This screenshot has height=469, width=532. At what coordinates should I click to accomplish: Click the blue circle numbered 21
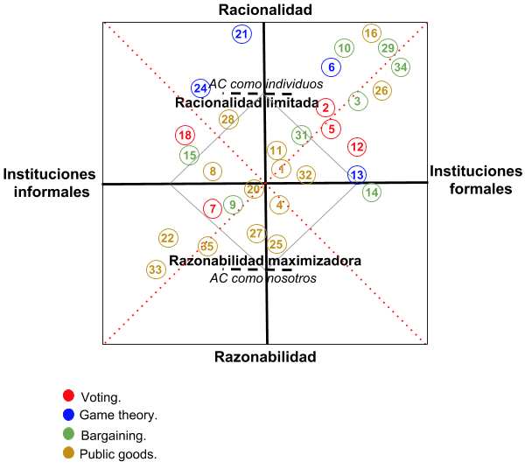pos(241,34)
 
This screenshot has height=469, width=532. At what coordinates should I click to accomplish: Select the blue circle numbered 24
pos(201,88)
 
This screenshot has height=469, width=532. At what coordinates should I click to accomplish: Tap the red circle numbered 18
pos(185,136)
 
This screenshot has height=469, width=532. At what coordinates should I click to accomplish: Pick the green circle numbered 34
pos(401,66)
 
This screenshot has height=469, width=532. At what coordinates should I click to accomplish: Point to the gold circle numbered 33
pos(156,269)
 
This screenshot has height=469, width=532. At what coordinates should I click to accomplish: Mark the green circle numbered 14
pos(372,192)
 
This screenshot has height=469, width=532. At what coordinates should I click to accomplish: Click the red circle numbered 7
pos(213,208)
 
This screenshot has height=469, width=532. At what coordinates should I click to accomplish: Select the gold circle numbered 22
pos(168,238)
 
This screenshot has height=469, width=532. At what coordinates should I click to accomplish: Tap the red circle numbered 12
pos(357,147)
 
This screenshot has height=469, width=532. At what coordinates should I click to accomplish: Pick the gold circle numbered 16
pos(371,33)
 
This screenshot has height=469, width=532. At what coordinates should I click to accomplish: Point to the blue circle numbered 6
pos(332,66)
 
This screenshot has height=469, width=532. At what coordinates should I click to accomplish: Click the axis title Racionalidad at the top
pos(265,9)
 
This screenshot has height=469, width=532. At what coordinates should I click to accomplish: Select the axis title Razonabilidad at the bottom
pos(265,357)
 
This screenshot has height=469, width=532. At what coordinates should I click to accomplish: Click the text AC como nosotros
pos(263,278)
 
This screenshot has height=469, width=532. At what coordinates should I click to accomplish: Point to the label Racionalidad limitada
pos(247,102)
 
